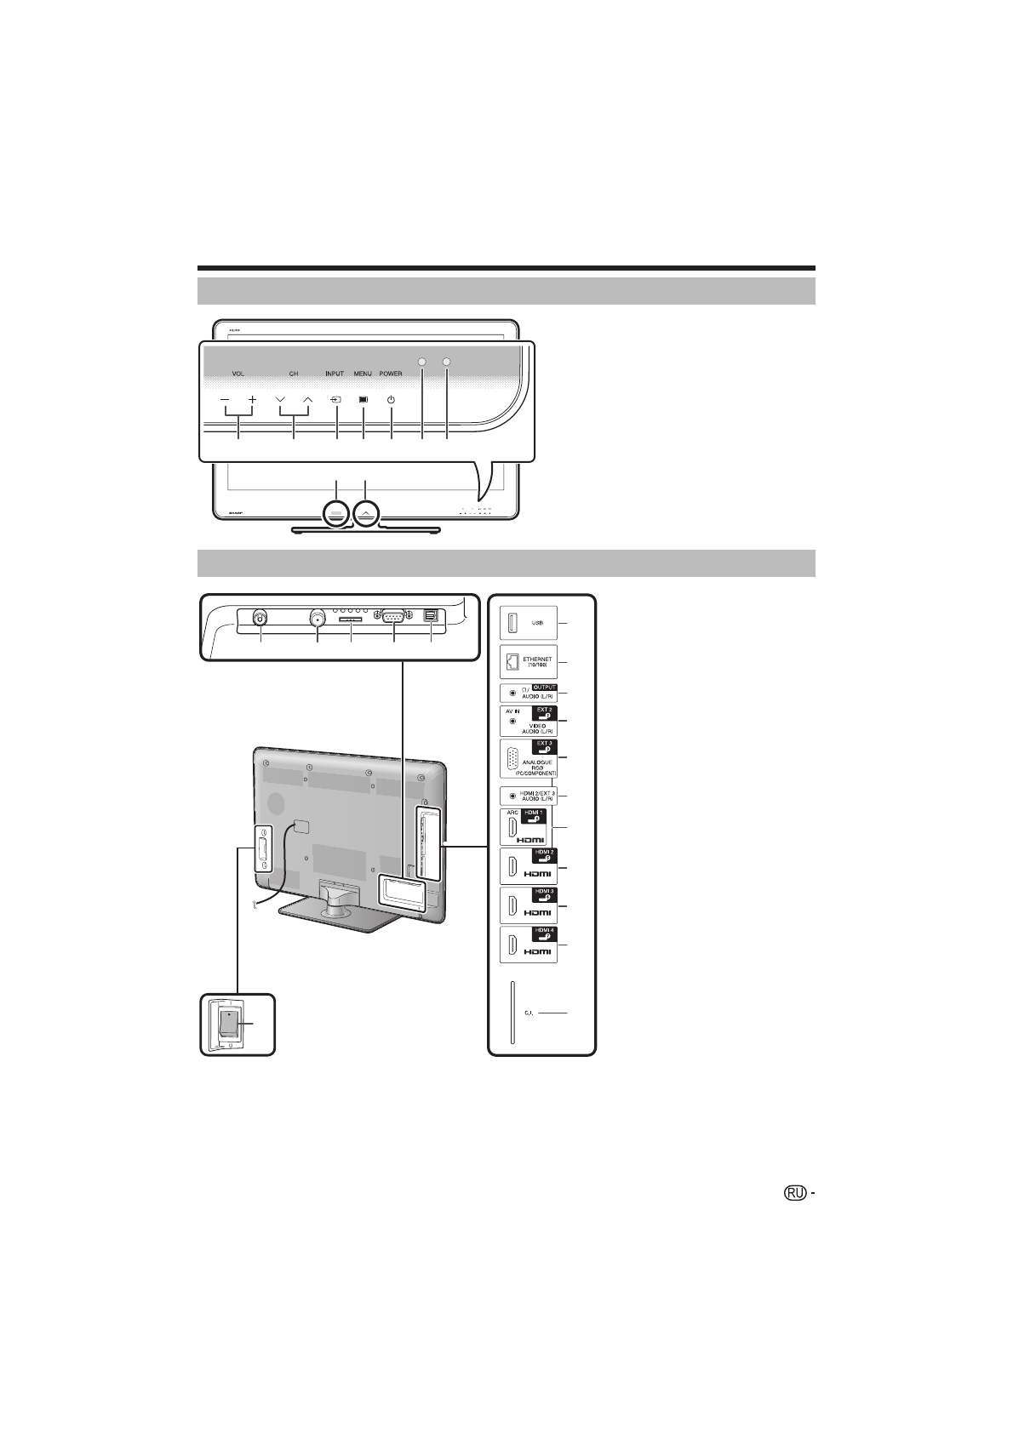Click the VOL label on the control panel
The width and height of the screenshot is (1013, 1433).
tap(238, 374)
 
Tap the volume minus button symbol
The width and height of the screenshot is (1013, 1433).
tap(226, 399)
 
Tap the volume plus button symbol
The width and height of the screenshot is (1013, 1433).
tap(253, 399)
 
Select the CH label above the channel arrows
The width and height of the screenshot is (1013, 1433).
tap(294, 374)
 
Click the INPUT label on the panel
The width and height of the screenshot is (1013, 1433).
tap(335, 374)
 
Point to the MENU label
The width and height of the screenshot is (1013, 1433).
tap(363, 374)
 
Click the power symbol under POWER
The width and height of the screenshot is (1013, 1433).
tap(391, 399)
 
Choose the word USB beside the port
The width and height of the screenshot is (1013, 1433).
tap(538, 623)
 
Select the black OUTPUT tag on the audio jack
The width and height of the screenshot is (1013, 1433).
tap(540, 688)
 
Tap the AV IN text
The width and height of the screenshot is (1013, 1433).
tap(510, 710)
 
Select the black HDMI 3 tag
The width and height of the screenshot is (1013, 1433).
tap(543, 893)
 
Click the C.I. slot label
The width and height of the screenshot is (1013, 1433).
tap(529, 1014)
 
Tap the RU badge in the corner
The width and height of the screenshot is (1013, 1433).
tap(794, 1195)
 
